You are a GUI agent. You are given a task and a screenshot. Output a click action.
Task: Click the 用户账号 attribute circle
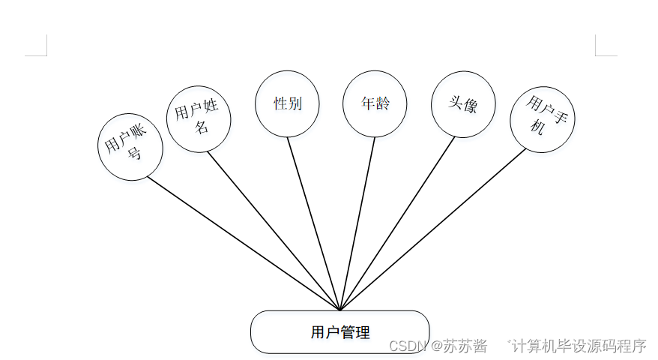[x=130, y=147]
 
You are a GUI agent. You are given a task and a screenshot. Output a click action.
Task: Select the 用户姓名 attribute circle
[x=198, y=118]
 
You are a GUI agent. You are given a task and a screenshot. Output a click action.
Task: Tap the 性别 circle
[x=287, y=104]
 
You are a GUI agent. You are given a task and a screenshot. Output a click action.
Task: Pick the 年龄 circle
[x=375, y=104]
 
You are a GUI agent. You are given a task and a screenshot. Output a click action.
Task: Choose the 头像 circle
[x=463, y=105]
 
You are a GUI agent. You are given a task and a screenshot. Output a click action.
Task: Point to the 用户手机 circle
[x=543, y=120]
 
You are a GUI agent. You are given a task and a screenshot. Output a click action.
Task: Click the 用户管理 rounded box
[x=339, y=331]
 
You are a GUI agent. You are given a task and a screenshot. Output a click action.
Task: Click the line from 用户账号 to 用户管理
[x=244, y=244]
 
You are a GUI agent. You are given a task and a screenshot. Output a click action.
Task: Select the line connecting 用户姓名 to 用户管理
[x=274, y=230]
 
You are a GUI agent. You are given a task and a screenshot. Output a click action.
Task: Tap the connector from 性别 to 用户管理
[x=313, y=223]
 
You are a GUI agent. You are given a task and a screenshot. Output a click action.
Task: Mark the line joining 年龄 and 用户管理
[x=357, y=223]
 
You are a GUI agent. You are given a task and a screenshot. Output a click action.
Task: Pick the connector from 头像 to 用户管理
[x=397, y=223]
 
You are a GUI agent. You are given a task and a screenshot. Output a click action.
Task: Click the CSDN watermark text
[x=408, y=346]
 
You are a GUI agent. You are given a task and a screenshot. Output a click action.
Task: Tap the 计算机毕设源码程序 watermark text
[x=579, y=346]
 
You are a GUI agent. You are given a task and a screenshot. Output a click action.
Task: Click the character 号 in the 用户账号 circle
[x=135, y=155]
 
